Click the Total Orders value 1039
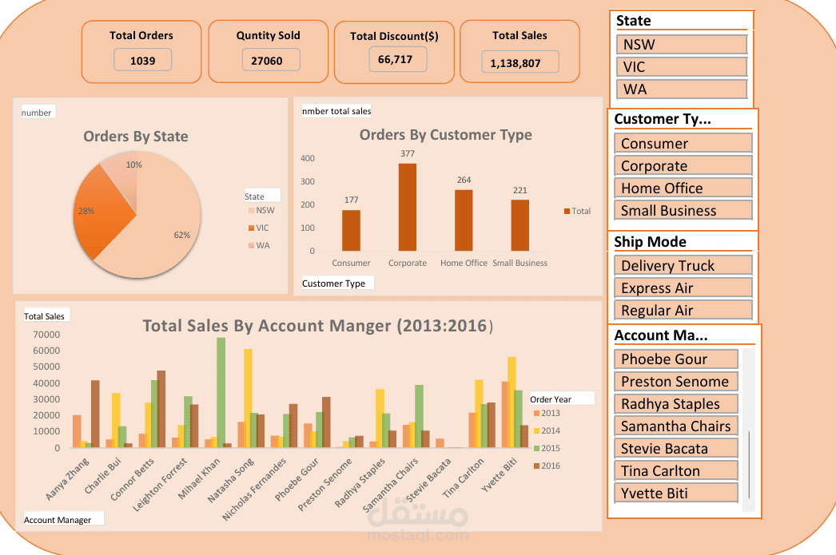pos(143,61)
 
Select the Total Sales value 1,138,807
pos(516,63)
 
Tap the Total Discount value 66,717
pos(395,60)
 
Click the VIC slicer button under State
pos(682,67)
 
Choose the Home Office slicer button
pos(683,188)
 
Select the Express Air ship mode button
pos(683,288)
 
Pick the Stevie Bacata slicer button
pos(676,449)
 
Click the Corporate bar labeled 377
pos(408,207)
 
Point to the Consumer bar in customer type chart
pos(351,231)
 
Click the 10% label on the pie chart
pos(133,165)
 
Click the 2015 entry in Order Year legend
pos(547,449)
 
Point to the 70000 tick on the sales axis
pos(46,335)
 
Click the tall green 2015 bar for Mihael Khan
pos(221,393)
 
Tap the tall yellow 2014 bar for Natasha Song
pos(248,398)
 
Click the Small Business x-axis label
pos(520,263)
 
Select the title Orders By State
pos(136,137)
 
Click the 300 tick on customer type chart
pos(308,181)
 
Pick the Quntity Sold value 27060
pos(267,61)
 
